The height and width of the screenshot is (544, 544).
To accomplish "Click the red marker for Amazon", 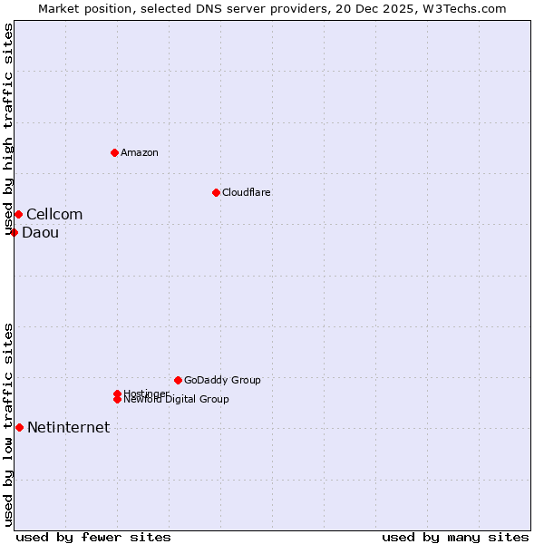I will [x=114, y=152].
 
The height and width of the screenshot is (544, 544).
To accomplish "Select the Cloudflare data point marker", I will [x=216, y=192].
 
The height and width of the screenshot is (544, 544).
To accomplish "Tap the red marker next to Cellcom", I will [x=18, y=214].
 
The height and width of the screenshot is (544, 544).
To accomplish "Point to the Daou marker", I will [x=15, y=232].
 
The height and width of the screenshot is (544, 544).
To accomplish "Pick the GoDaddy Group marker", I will [x=178, y=380].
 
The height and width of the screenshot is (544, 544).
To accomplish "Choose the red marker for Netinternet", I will [x=19, y=427].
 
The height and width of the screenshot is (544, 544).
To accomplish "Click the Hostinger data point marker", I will [x=117, y=393].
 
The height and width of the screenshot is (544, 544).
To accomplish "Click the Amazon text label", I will [x=140, y=152].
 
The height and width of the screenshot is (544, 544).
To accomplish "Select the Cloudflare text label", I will [x=247, y=192].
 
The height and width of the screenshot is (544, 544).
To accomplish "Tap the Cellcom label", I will [x=54, y=214].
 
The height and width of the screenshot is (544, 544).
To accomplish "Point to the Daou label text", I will [x=40, y=232].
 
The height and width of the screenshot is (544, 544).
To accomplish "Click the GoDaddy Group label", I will [x=222, y=380].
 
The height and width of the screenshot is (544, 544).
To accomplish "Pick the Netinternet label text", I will [x=68, y=427].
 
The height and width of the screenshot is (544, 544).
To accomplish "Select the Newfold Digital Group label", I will [x=177, y=400].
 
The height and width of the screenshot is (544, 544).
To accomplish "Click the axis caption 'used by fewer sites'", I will [x=93, y=537].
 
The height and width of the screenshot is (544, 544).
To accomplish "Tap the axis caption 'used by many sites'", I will [x=455, y=537].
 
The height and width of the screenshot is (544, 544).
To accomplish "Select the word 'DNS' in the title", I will [x=216, y=8].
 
